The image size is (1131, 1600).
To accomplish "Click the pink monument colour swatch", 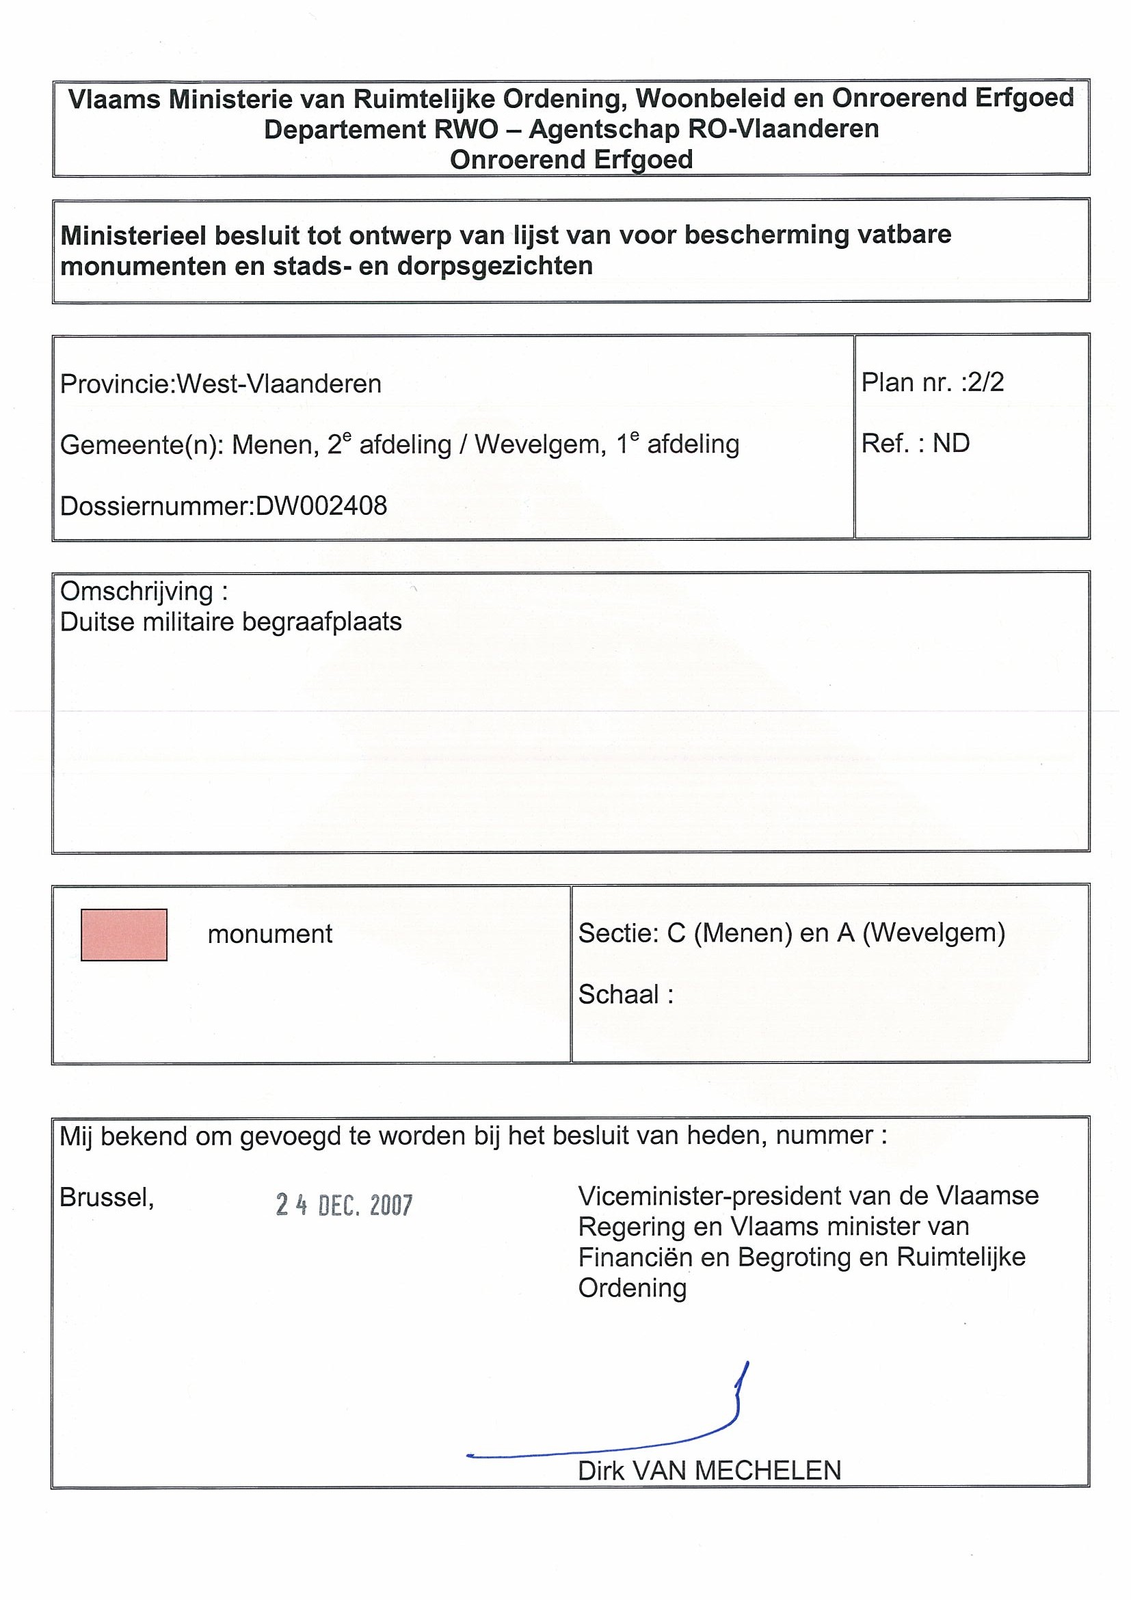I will click(x=123, y=935).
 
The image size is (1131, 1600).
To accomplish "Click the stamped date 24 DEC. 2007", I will click(x=344, y=1205).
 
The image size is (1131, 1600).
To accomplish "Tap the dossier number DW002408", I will click(x=321, y=506).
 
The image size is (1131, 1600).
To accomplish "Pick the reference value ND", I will click(x=951, y=443).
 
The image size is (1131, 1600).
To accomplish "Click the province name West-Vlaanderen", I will click(x=279, y=384).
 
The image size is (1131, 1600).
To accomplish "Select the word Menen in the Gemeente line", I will click(x=271, y=444).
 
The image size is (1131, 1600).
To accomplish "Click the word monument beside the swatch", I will click(x=269, y=934).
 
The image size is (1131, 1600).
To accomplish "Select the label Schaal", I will click(x=619, y=994).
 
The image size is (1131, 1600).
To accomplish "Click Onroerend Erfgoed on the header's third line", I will click(x=571, y=159).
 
